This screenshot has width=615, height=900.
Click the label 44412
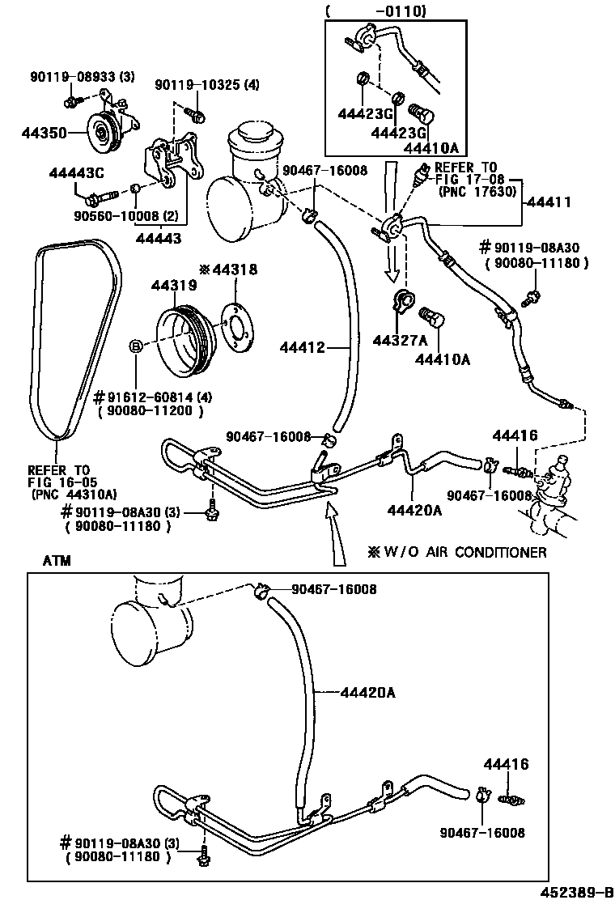click(x=302, y=348)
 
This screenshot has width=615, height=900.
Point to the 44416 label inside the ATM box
click(x=507, y=764)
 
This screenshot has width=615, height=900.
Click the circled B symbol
click(x=137, y=346)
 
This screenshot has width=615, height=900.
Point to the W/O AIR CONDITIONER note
click(x=457, y=552)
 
